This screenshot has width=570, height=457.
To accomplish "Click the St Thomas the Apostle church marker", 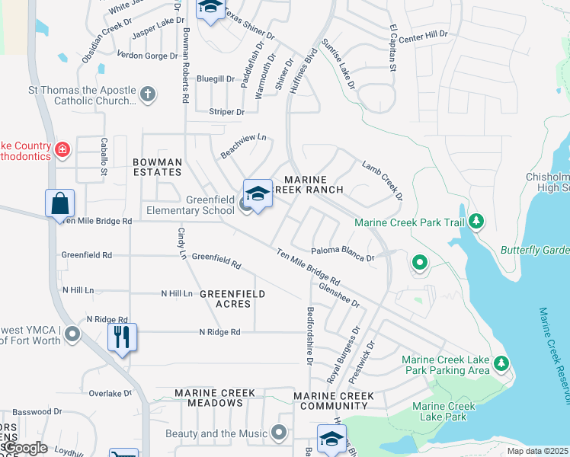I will [148, 94].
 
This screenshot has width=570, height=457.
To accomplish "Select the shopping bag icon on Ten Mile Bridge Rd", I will [59, 203].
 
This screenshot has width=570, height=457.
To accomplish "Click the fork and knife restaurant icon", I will [122, 336].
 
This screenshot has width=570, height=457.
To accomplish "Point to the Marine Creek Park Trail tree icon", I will [476, 222].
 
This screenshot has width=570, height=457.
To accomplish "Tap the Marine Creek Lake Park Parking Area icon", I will [501, 363].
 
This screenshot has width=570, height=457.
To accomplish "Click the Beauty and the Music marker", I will [280, 433].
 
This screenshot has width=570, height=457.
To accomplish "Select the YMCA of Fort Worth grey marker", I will [72, 334].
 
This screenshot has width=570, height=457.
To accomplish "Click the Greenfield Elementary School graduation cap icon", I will [258, 194].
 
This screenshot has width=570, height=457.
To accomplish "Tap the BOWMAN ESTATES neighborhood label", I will [157, 168].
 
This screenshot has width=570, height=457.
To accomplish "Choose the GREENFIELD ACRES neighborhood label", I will [233, 299].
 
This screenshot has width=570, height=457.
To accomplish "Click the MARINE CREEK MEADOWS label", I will [215, 398].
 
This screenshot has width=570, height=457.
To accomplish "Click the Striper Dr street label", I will [227, 112].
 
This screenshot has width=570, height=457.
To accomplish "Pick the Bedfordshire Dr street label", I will [310, 335].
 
